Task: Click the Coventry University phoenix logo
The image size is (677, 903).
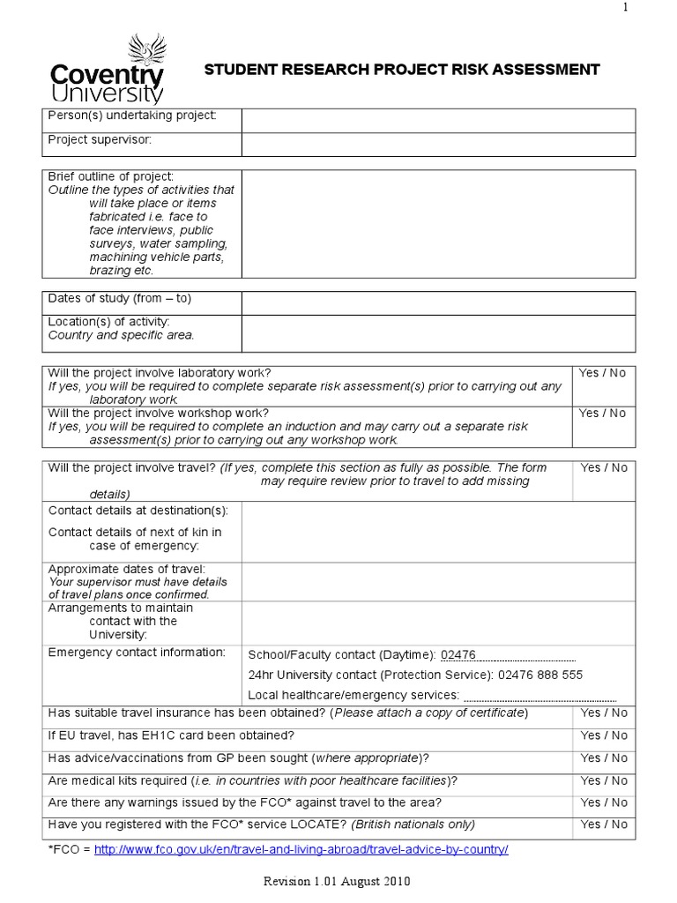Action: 106,70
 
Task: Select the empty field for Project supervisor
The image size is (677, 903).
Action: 438,145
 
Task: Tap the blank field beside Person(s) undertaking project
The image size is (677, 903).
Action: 438,121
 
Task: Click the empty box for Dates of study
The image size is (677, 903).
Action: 438,302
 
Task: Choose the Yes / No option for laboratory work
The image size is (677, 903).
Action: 603,373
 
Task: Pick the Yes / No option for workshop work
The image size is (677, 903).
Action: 603,414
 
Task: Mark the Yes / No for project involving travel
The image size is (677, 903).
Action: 604,468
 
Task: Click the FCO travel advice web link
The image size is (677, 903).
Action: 301,849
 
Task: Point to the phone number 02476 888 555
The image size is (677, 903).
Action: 539,675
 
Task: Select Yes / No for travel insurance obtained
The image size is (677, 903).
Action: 604,713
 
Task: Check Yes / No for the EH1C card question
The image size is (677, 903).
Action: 604,735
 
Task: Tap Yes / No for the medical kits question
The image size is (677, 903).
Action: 604,780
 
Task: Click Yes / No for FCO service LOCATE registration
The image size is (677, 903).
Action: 604,825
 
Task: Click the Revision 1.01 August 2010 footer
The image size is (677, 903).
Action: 338,881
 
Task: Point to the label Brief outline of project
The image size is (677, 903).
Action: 110,176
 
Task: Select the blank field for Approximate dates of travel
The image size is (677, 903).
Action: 438,582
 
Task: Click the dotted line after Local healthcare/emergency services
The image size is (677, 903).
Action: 539,697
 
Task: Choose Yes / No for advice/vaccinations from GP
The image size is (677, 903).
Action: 604,758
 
